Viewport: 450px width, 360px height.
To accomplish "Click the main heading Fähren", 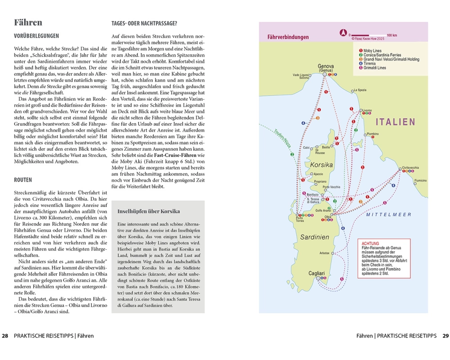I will click(x=28, y=22).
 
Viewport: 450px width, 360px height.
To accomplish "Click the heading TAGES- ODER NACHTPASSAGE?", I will click(x=144, y=23).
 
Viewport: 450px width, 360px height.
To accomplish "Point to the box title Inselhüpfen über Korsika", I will click(x=148, y=211).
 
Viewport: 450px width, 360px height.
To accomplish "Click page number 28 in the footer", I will click(x=5, y=336).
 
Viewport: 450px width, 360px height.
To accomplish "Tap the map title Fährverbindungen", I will click(x=288, y=37).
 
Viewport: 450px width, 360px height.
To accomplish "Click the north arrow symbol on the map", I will click(x=343, y=33).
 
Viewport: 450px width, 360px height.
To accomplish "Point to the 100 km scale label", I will click(x=391, y=35).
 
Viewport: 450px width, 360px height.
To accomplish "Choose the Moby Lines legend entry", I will click(x=372, y=51).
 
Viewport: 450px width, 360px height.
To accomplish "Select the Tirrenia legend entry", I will click(x=370, y=63).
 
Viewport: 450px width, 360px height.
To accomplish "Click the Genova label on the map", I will click(x=325, y=66).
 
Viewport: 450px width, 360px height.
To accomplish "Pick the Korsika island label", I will click(x=321, y=165).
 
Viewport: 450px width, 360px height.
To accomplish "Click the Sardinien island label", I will click(x=315, y=237).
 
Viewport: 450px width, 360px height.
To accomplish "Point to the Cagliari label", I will click(x=318, y=273).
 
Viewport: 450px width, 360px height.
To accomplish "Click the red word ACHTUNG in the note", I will click(x=370, y=243).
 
